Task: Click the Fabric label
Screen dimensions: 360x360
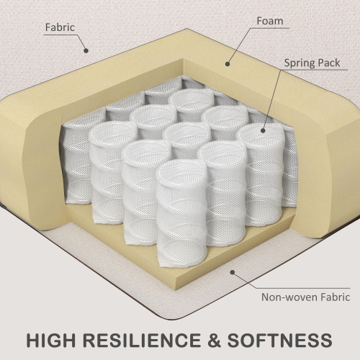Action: tap(60, 27)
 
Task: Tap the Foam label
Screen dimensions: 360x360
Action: tap(270, 21)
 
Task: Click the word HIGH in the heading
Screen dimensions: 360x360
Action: tap(50, 340)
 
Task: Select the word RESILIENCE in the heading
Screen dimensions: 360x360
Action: tap(143, 340)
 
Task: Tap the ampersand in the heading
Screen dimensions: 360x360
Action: tap(214, 340)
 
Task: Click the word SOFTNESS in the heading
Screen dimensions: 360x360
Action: tap(279, 340)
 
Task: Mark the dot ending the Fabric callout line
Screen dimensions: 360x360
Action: tap(86, 50)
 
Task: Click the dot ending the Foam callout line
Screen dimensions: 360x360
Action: tap(228, 64)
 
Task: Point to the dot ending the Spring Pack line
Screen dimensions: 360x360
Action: tap(263, 130)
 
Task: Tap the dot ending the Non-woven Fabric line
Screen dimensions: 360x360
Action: tap(233, 272)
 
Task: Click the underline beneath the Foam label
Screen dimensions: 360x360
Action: tap(269, 28)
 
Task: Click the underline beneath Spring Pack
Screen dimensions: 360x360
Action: tap(314, 70)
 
